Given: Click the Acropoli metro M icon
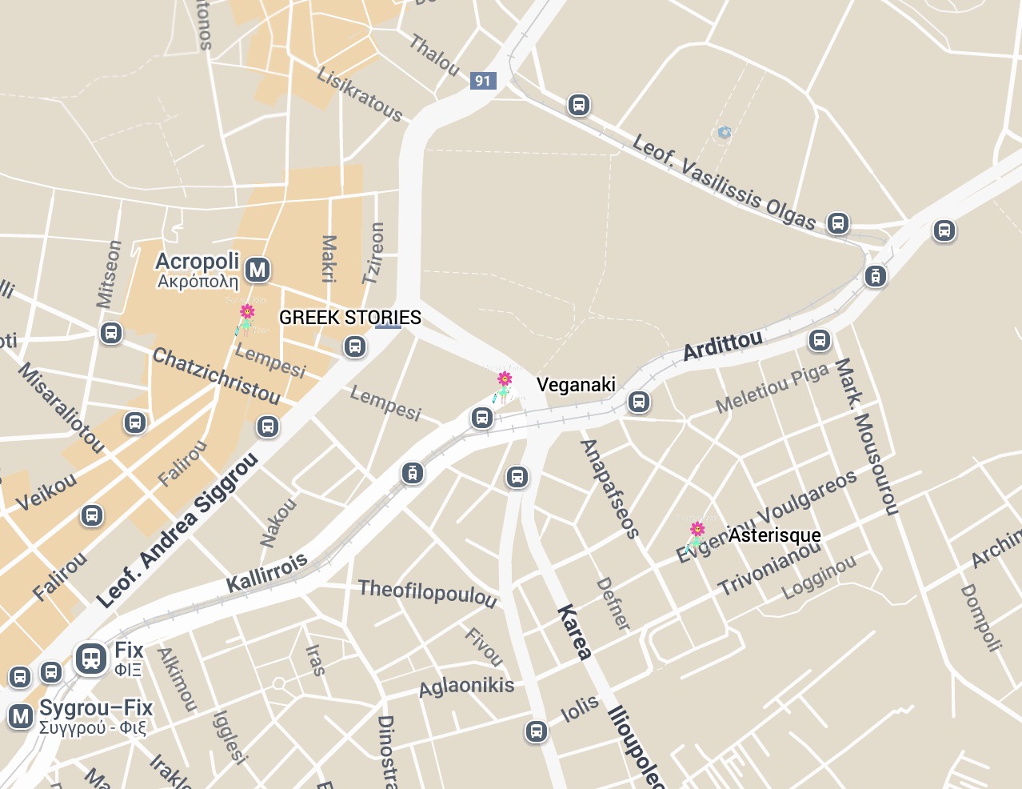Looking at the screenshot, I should (257, 270).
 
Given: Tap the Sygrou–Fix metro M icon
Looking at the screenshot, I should (20, 715).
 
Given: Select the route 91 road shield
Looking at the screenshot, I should (482, 80).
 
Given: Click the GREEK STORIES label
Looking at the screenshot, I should (349, 318).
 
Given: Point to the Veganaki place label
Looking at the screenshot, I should (576, 385).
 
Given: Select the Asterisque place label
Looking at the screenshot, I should (774, 535).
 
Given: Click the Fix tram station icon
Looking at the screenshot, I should (91, 659).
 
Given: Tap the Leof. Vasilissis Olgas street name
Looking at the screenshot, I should (723, 182).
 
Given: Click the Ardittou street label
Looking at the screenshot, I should (722, 346).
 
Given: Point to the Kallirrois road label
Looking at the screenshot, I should (267, 572).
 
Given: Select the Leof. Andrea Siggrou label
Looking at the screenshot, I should (177, 531).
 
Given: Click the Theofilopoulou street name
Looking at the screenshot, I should (427, 593).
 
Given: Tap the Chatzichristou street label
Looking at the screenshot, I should (216, 376).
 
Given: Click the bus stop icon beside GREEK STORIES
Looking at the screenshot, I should (355, 346).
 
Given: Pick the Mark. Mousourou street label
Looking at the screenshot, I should (866, 436).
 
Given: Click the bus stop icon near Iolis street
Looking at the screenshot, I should (536, 731).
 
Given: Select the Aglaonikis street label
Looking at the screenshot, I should (466, 687).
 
